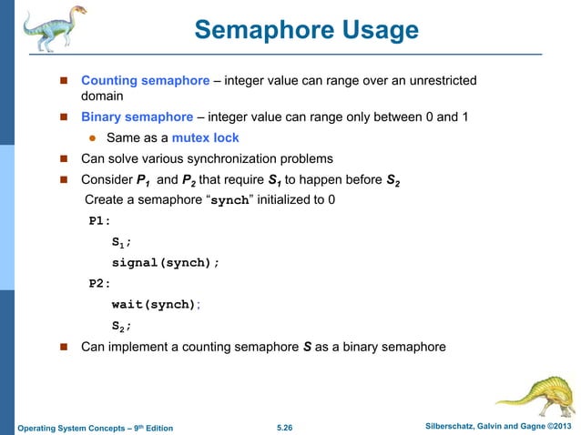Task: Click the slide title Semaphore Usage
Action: coord(306,31)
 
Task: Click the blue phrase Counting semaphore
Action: coord(145,82)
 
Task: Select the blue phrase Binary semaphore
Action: coord(137,116)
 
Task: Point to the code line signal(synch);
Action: coord(166,262)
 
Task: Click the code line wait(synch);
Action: coord(154,304)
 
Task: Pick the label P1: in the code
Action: coord(99,221)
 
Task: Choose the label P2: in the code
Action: coord(99,283)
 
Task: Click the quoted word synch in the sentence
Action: coord(229,201)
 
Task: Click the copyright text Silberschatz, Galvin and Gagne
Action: coord(487,426)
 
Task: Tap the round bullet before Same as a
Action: coord(92,139)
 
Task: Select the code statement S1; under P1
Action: coord(122,242)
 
